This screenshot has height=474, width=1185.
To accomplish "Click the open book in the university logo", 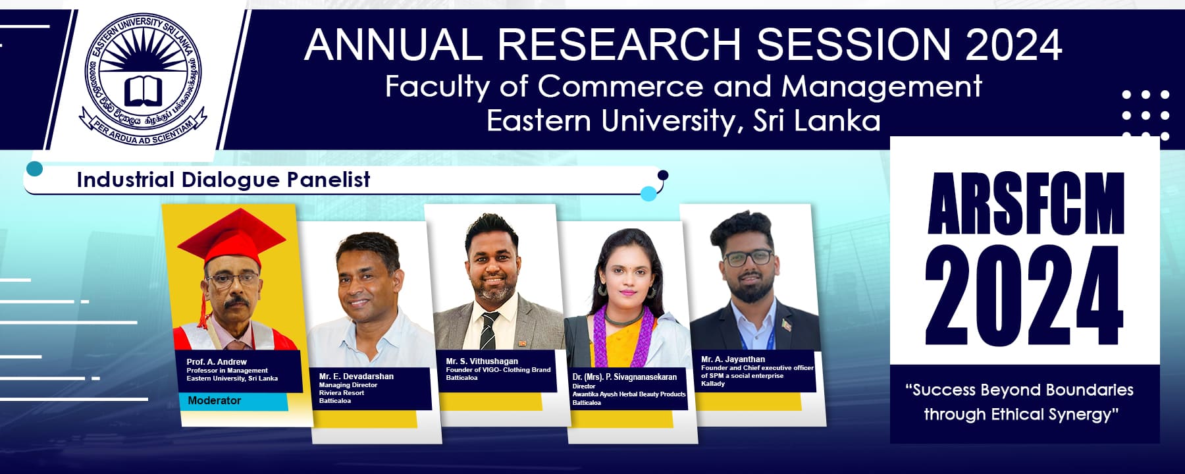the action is click(x=144, y=91).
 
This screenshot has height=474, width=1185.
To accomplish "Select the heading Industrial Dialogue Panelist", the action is click(x=223, y=180).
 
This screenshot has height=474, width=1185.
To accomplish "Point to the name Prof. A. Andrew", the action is click(x=217, y=361).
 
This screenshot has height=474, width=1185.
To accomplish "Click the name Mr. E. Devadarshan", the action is click(x=356, y=377).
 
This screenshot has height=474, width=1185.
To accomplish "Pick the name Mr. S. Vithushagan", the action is click(x=482, y=361).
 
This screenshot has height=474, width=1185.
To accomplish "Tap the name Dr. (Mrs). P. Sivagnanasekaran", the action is click(x=624, y=377).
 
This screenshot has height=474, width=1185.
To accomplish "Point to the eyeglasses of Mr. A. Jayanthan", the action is click(x=748, y=258).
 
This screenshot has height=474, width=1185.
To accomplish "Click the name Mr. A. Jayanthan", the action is click(x=733, y=359).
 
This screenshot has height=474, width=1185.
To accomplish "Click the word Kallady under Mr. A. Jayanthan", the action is click(x=712, y=384).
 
